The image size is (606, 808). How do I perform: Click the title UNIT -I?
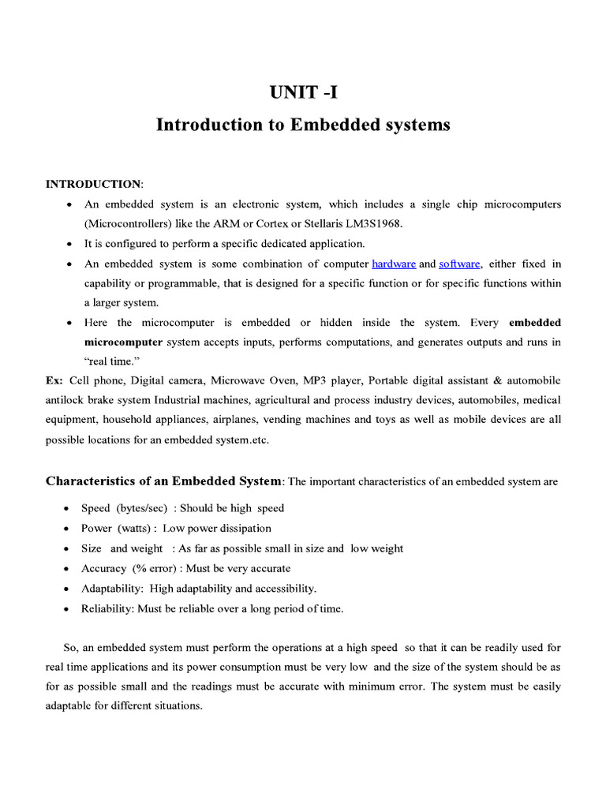pyautogui.click(x=303, y=94)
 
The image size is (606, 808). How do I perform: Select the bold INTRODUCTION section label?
pyautogui.click(x=92, y=184)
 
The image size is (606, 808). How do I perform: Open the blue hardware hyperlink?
pyautogui.click(x=394, y=264)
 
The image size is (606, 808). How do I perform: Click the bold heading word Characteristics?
pyautogui.click(x=94, y=481)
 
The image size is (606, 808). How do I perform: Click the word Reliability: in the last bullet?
pyautogui.click(x=109, y=608)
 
